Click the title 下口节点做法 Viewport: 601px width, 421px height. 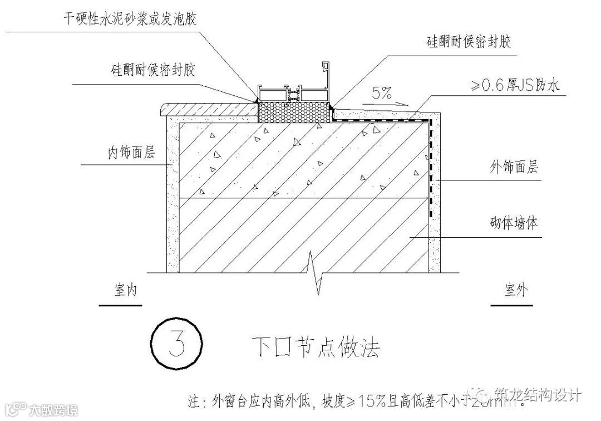coord(315,347)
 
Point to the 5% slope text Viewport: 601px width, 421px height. coord(381,93)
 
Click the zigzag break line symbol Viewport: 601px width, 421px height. coord(316,272)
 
